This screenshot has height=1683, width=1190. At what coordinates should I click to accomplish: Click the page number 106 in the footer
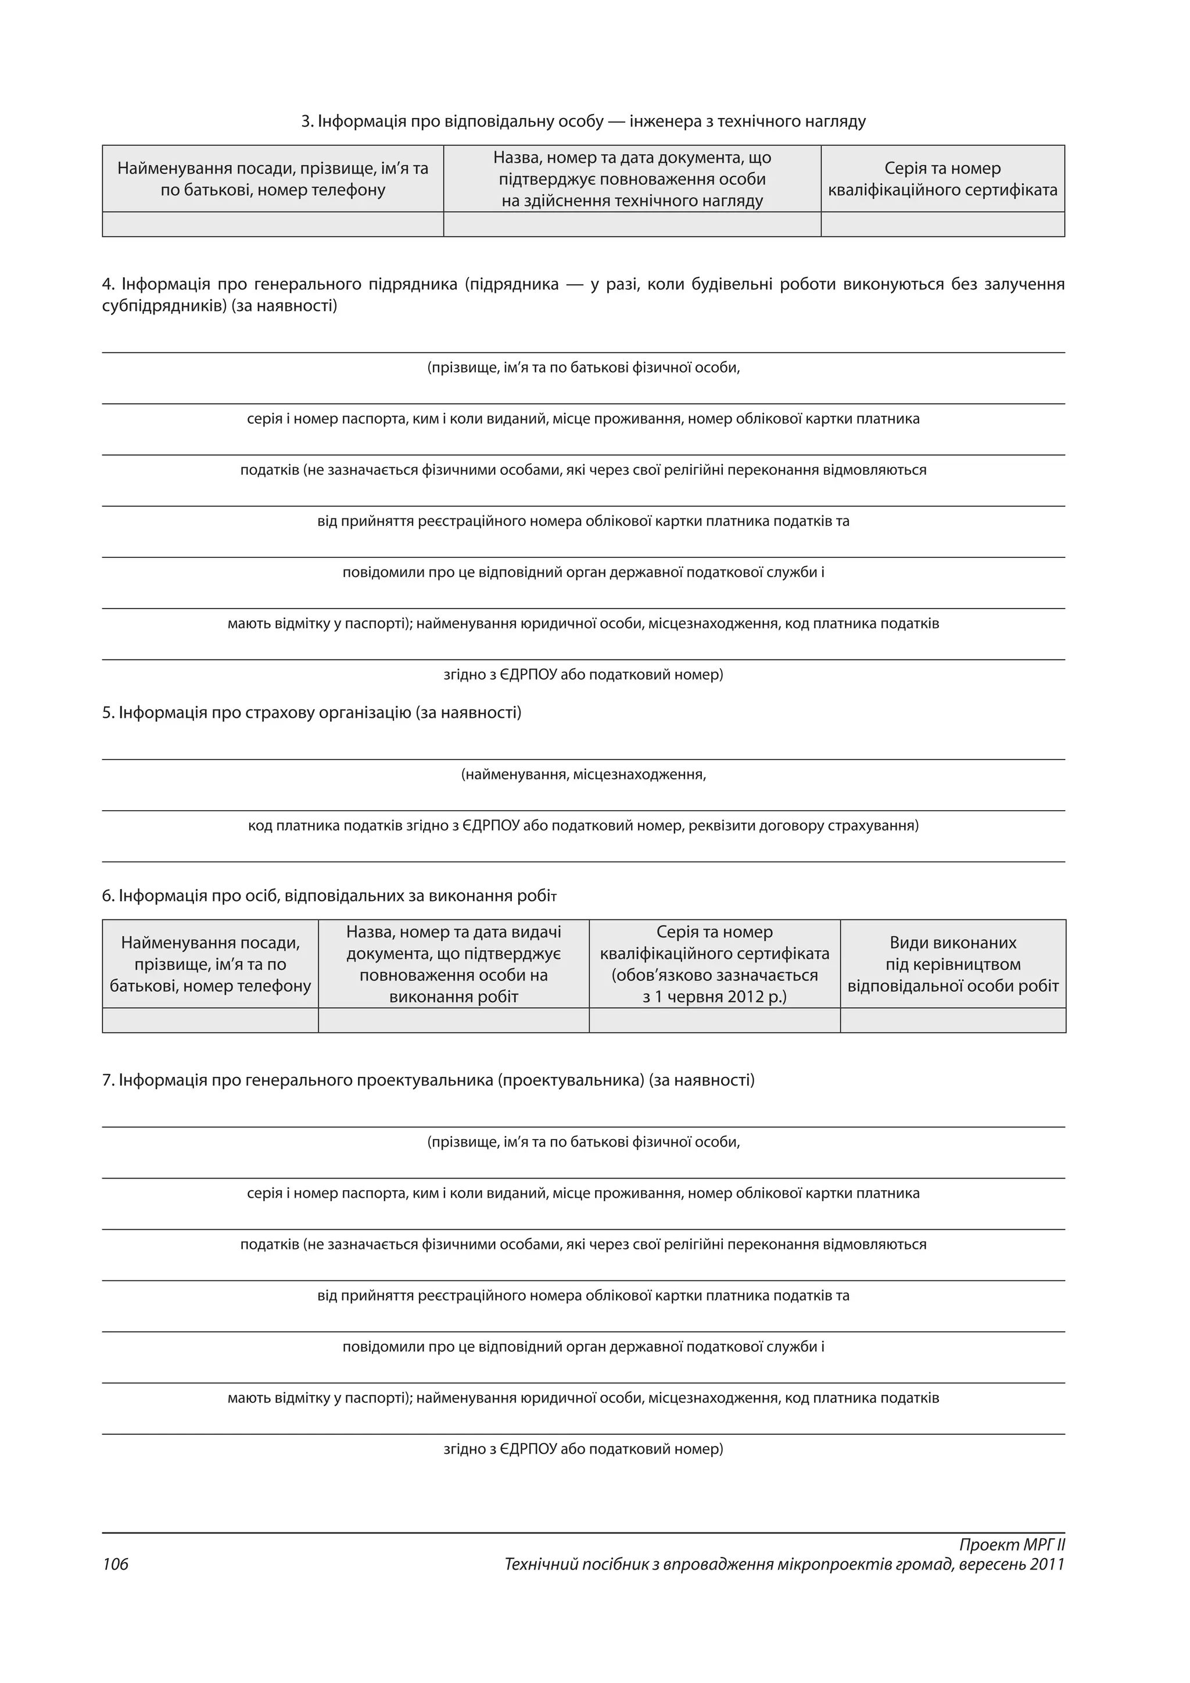pos(115,1564)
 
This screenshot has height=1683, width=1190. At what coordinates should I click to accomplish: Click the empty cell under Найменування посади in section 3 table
pos(273,224)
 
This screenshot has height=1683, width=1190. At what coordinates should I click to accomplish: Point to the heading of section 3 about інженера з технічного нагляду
pos(583,121)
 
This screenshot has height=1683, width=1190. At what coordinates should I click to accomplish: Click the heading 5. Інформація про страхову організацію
pos(311,712)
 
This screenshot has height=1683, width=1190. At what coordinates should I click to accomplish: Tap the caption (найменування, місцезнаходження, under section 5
pos(583,774)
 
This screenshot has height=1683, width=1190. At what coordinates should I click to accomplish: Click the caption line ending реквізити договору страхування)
pos(583,825)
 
